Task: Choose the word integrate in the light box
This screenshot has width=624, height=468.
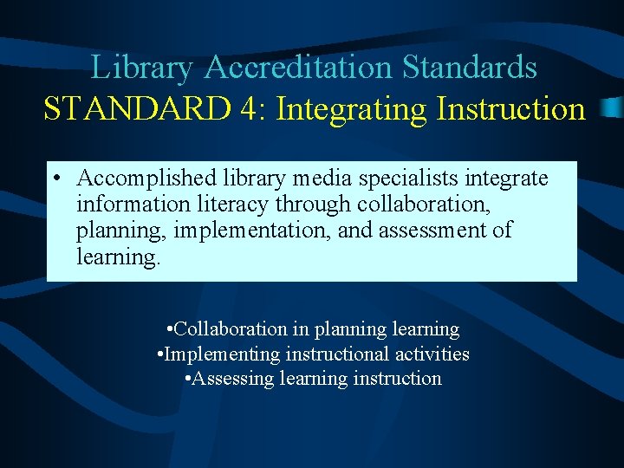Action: (506, 179)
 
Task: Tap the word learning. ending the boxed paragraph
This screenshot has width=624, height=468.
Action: (119, 257)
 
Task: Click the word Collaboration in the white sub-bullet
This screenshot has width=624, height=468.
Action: (231, 329)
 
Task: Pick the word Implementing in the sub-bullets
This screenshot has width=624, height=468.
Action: (221, 354)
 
